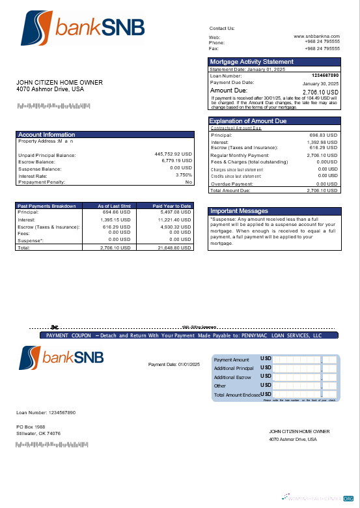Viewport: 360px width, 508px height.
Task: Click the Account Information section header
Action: pos(47,135)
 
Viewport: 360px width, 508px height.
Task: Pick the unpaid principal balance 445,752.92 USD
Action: pos(173,154)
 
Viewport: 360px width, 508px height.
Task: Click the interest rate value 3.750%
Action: pos(184,175)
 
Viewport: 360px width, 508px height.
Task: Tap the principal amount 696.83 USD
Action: pos(323,135)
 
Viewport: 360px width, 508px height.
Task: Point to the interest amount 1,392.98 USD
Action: pos(321,142)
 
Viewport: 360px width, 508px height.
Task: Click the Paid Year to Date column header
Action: pos(172,206)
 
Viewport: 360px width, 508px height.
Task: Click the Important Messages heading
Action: pos(238,211)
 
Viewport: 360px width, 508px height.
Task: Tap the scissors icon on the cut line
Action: pos(55,327)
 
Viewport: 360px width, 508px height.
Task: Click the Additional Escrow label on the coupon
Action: pos(232,377)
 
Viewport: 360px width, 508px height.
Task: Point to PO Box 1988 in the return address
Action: pos(31,427)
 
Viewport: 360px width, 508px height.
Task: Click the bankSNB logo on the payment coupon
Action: pos(62,358)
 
